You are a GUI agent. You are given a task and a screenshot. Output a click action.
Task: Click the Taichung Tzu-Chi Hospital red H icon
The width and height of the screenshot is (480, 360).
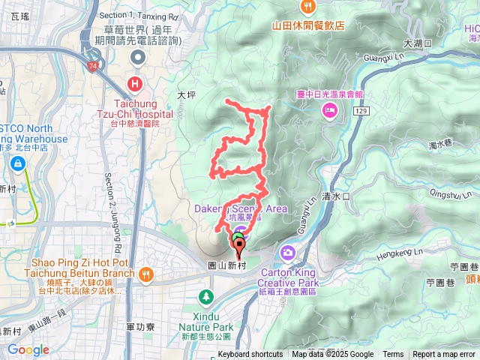click(136, 83)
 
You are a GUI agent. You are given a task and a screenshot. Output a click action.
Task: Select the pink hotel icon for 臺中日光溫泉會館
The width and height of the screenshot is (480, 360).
click(329, 111)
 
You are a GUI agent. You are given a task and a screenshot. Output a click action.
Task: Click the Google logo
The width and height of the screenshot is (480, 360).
click(28, 349)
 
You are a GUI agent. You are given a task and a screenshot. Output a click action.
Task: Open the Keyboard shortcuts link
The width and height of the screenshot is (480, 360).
click(250, 355)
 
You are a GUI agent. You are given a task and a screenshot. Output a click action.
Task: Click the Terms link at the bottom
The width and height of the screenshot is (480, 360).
click(393, 355)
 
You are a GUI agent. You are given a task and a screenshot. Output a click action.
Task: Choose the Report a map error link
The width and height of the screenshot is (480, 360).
click(444, 355)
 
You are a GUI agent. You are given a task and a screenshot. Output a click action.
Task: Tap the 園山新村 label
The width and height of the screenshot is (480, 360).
click(226, 265)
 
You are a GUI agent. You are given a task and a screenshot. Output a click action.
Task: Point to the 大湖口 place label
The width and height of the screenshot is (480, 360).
click(418, 44)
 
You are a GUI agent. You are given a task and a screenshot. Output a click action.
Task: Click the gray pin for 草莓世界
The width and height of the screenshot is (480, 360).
click(138, 57)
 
